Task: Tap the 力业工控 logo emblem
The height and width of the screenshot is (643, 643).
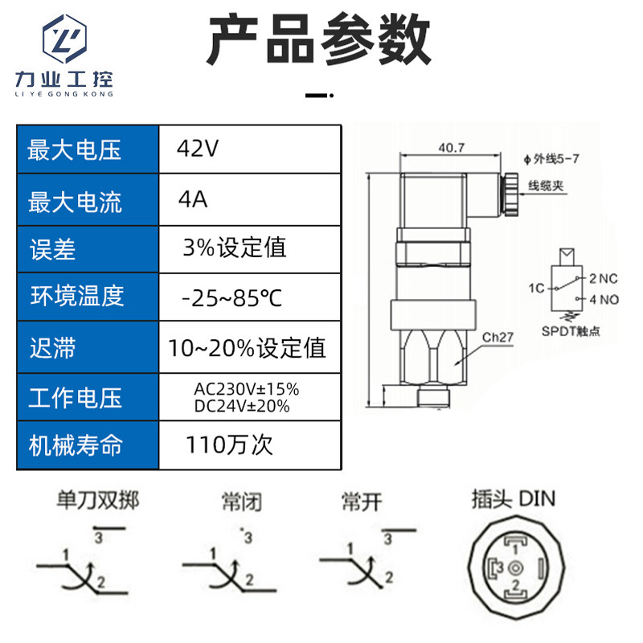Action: pos(64,40)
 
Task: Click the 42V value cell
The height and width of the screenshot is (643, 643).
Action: pos(198,149)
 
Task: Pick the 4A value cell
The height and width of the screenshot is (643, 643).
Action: pos(194,199)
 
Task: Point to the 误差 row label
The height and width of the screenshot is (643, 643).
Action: pos(53,248)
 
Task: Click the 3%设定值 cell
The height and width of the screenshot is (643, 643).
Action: pos(235,247)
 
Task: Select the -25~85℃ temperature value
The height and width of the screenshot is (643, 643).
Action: pos(233,298)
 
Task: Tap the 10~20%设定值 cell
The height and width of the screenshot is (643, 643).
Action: pos(248,348)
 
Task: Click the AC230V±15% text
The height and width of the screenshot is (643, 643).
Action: pos(247,389)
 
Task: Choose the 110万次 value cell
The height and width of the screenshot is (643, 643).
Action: pos(229,444)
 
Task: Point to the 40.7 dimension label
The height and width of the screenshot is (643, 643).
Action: pos(452,148)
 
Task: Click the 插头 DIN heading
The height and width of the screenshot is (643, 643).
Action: pos(513,499)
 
